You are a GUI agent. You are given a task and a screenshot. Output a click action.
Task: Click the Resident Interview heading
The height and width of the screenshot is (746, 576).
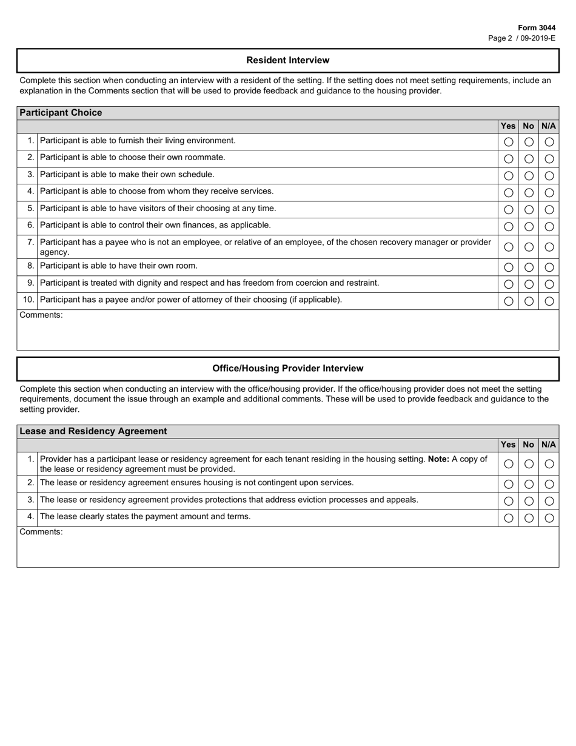coord(288,61)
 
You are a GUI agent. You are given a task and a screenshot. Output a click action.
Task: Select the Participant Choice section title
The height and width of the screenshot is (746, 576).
coord(61,113)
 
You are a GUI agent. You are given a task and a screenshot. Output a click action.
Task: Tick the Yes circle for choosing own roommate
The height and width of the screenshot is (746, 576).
coord(509,159)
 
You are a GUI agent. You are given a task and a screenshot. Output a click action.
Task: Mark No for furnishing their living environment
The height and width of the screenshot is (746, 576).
coord(529,142)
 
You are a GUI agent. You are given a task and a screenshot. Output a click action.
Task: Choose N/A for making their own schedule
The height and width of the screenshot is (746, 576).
coord(549,176)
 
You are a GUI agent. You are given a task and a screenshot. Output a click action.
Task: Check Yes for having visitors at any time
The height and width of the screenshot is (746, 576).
coord(509,210)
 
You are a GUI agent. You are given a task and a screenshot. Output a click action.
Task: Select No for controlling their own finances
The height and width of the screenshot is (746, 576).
coord(529,227)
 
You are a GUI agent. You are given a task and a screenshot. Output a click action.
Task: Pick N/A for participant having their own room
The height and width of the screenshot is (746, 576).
coord(549,267)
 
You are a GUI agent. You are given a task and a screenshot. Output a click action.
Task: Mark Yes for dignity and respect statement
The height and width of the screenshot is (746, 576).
coord(509,284)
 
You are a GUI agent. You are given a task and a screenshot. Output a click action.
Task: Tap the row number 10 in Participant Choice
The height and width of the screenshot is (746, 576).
coord(28,300)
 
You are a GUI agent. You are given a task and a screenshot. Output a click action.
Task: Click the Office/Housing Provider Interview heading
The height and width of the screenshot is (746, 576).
coord(288,369)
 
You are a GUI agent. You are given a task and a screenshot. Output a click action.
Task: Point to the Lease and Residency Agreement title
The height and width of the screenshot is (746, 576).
coord(93,431)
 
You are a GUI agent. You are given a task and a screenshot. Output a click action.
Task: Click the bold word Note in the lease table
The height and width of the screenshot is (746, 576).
coord(439,459)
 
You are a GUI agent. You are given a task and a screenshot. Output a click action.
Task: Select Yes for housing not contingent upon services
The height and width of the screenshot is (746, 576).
coord(509,485)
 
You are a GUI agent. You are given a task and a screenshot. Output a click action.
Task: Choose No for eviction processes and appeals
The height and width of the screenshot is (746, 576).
coord(529,502)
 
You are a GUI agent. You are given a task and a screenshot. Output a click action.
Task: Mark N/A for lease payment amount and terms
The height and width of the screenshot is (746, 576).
coord(549,519)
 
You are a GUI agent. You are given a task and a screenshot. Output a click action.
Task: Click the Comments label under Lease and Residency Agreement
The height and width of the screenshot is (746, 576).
coord(41,532)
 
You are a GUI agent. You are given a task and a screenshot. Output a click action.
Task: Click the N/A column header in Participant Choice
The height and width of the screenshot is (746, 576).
coord(549,126)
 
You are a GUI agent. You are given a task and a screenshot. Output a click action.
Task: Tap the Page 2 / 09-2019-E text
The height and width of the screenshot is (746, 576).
coord(521,38)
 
